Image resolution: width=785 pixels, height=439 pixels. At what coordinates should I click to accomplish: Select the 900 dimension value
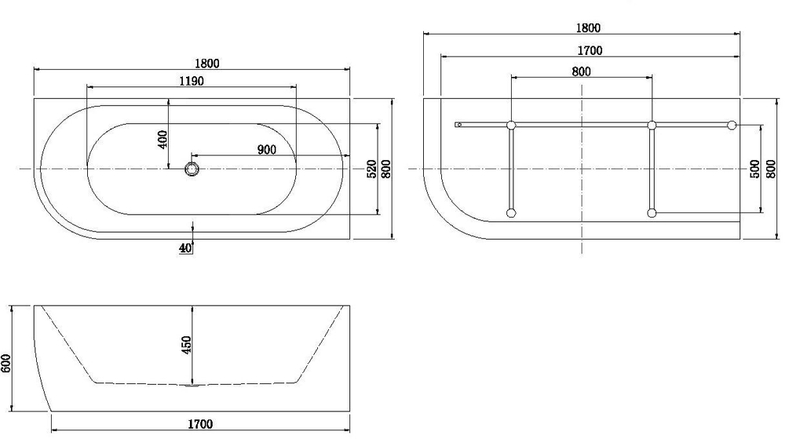coord(266,151)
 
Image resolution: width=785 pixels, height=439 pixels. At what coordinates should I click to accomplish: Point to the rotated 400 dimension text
coord(162,139)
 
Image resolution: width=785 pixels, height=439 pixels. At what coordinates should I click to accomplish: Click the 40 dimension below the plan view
coord(185,248)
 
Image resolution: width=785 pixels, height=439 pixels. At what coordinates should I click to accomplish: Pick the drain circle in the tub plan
coord(192,169)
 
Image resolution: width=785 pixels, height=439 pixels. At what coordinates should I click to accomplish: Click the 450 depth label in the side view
coord(187,346)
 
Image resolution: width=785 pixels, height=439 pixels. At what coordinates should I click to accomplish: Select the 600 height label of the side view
coord(7,361)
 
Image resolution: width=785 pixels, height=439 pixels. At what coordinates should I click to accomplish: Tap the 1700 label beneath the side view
coord(200,425)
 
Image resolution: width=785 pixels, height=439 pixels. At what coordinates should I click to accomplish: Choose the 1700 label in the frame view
coord(589,51)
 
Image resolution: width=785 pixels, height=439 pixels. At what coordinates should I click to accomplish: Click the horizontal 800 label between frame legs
coord(581,71)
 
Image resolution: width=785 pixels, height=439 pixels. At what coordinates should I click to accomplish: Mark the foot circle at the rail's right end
coord(732,125)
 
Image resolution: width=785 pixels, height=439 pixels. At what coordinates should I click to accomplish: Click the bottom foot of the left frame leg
coord(511,212)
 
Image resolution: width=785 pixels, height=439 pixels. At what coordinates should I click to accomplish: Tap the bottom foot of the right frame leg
coord(652,212)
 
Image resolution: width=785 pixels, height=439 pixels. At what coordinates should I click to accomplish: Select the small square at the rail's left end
coord(458,125)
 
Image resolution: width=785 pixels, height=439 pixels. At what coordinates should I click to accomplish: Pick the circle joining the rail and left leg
coord(511,125)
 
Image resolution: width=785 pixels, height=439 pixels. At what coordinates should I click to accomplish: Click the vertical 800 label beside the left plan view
coord(385,169)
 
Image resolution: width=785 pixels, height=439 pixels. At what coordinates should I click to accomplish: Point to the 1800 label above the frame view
coord(589,28)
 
